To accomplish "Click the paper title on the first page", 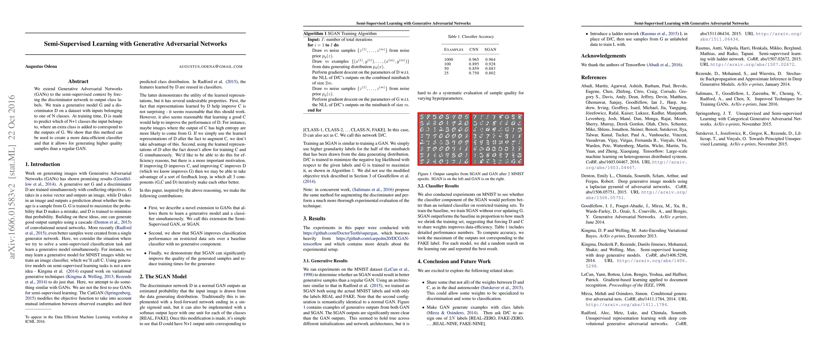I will tap(135, 44).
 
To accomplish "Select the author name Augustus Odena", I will tap(41, 66).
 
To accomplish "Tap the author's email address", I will tap(211, 67).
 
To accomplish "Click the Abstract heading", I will tap(78, 82).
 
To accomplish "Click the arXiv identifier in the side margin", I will tap(12, 177).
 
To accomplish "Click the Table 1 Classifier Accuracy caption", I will tap(471, 37).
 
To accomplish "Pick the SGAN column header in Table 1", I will tap(490, 49).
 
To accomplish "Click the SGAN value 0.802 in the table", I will tap(490, 73).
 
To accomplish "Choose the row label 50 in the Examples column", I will tap(447, 69).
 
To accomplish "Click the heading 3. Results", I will tap(314, 218).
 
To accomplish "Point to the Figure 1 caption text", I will tap(471, 176).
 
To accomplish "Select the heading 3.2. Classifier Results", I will tap(438, 186).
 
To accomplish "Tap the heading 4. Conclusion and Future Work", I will tap(454, 261).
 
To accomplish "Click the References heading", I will tap(593, 77).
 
